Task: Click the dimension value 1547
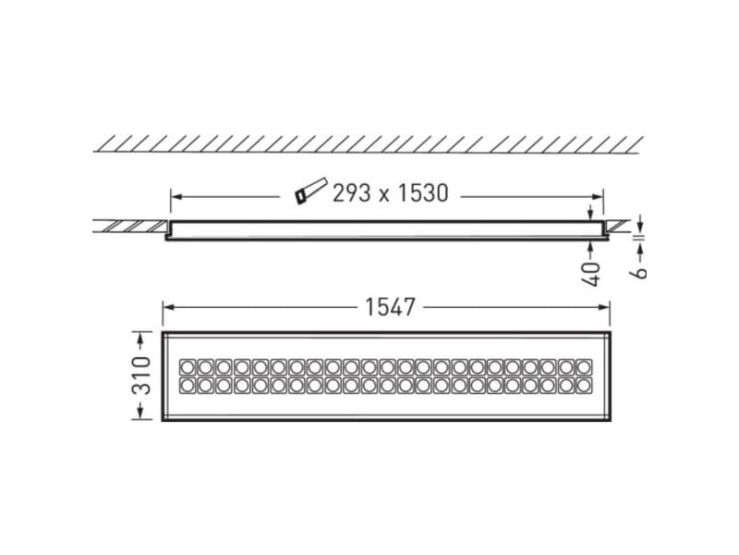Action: (x=389, y=307)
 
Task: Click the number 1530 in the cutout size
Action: (x=418, y=192)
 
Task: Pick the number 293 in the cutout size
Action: (x=351, y=192)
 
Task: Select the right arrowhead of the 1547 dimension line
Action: (x=611, y=307)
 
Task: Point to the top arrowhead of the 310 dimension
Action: (x=140, y=335)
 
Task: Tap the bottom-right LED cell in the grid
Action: (x=583, y=384)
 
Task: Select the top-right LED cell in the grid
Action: (x=583, y=366)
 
